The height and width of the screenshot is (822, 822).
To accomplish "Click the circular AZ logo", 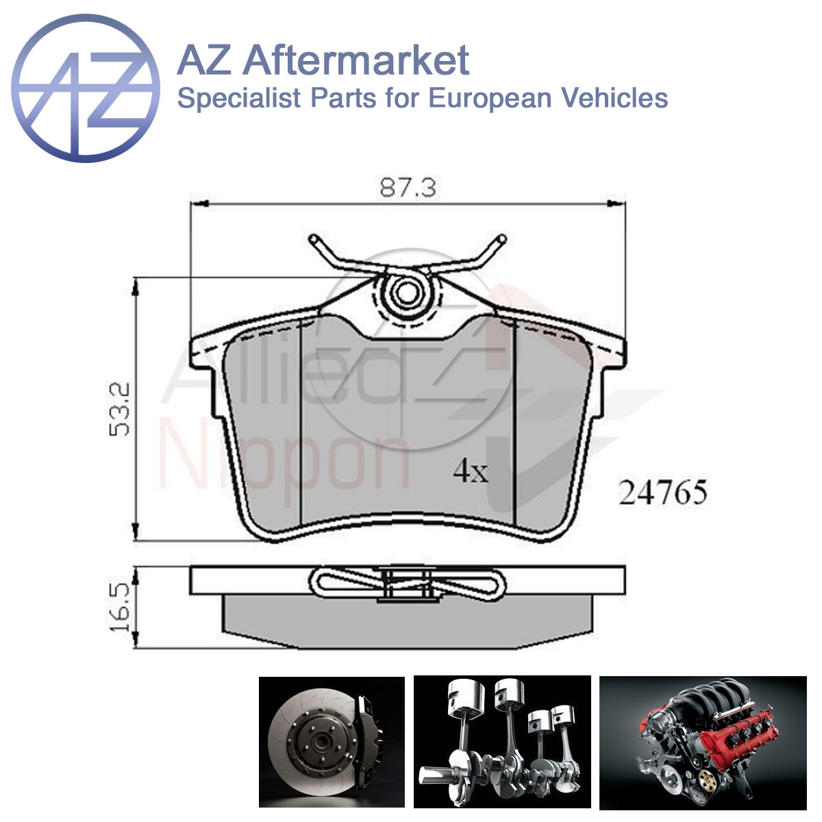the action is click(x=86, y=88).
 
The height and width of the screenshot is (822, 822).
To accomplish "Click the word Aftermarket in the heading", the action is click(x=356, y=60).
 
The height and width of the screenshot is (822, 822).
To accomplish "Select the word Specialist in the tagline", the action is click(x=239, y=98).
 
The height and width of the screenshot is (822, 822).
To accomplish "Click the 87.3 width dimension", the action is click(x=408, y=188).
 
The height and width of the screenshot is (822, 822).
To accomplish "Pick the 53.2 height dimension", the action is click(x=119, y=410).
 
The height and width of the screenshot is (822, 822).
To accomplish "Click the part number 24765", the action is click(x=663, y=493).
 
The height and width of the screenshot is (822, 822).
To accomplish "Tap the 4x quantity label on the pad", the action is click(x=471, y=471).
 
